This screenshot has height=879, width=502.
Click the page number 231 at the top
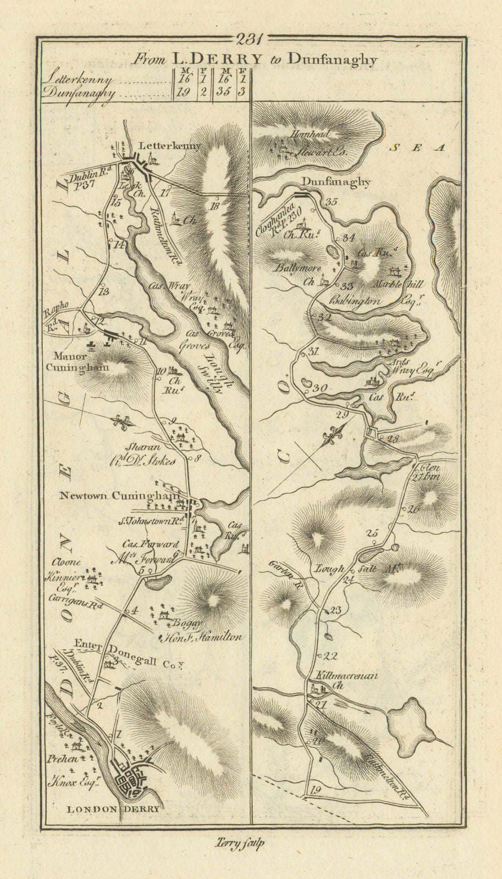[250, 39]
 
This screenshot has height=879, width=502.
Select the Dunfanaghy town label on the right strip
[336, 183]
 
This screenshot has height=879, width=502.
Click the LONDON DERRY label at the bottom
[114, 809]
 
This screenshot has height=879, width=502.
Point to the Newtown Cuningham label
[119, 496]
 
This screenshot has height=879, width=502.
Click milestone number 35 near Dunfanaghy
[330, 202]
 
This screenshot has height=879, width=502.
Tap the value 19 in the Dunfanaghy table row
[183, 92]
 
